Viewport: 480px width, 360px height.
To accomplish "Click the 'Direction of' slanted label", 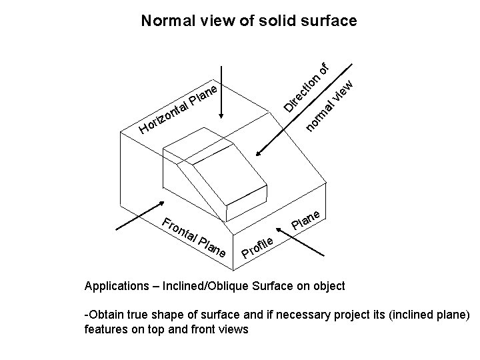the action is (306, 87).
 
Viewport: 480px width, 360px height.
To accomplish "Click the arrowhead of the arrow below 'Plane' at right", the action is (279, 231).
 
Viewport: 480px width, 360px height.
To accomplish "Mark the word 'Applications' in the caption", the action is (116, 287).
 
